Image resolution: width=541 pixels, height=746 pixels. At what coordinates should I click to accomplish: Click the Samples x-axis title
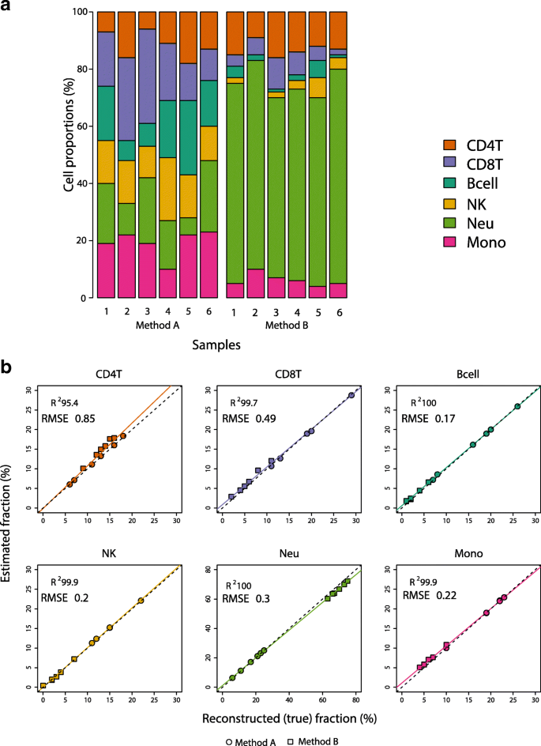point(216,345)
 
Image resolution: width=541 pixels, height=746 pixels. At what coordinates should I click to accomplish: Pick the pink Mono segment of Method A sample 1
point(107,270)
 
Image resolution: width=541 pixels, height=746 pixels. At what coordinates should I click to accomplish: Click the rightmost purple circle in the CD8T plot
point(351,395)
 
